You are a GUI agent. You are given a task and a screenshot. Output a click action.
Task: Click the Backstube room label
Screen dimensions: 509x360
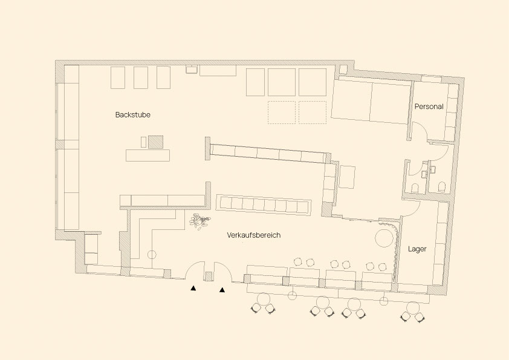pos(133,115)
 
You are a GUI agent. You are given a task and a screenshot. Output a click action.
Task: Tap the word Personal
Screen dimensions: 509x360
pos(429,106)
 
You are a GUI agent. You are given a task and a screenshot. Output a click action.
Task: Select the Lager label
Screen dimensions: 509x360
pos(417,249)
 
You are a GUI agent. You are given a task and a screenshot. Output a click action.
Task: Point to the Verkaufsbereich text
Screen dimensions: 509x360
pos(253,235)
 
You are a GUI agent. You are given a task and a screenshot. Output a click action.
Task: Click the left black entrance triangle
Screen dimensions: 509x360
pos(193,288)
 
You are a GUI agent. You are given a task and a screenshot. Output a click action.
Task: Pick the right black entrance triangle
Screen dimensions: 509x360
pos(222,290)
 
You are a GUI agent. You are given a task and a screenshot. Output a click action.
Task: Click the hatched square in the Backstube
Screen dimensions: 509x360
pos(155,142)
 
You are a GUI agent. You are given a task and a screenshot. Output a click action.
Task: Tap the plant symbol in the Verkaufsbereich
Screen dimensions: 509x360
pos(199,221)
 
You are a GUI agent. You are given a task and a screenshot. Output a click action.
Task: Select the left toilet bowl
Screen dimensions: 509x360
pos(415,188)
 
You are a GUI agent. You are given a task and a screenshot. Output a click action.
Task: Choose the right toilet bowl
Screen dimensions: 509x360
pos(441,186)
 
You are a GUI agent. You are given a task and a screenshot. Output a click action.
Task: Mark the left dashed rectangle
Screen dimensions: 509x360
pos(282,112)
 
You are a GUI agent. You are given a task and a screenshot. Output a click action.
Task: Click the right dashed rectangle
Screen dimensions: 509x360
pos(313,112)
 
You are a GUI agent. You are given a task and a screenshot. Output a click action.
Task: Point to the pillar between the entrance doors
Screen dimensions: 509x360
pos(209,277)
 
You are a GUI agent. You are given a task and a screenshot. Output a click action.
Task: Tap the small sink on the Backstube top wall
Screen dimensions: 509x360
pos(192,69)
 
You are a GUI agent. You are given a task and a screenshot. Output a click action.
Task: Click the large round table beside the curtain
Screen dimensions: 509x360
pos(384,238)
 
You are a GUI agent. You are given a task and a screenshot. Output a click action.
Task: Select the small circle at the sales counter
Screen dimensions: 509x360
pos(152,255)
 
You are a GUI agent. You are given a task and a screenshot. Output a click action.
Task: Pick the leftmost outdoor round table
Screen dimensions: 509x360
pos(263,299)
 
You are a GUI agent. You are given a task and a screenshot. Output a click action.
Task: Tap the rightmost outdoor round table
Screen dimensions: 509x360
pos(413,308)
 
